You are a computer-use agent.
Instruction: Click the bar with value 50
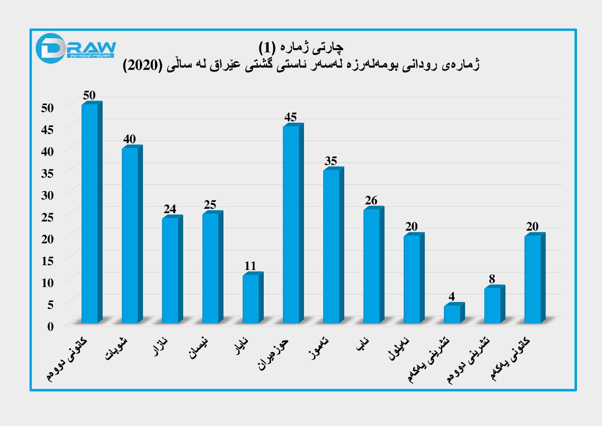(x=90, y=213)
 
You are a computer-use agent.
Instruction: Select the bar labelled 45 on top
(x=292, y=224)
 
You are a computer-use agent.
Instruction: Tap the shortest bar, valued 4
(x=452, y=314)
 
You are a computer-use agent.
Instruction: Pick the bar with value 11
(x=251, y=298)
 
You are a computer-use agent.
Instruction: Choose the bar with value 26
(x=372, y=266)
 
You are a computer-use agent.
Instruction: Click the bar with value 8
(x=493, y=305)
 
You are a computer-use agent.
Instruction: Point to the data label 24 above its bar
(x=170, y=209)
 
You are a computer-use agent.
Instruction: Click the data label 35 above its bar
(x=331, y=161)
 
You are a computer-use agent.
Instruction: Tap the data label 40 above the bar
(x=129, y=139)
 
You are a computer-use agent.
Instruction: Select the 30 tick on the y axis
(x=47, y=195)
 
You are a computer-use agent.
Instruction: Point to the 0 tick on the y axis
(x=50, y=327)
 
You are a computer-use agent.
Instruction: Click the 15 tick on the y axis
(x=47, y=261)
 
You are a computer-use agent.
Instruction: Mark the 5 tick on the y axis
(x=50, y=305)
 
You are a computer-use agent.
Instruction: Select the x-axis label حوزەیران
(x=274, y=354)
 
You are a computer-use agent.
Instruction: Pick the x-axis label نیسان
(x=198, y=348)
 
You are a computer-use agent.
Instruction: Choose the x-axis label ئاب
(x=363, y=345)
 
